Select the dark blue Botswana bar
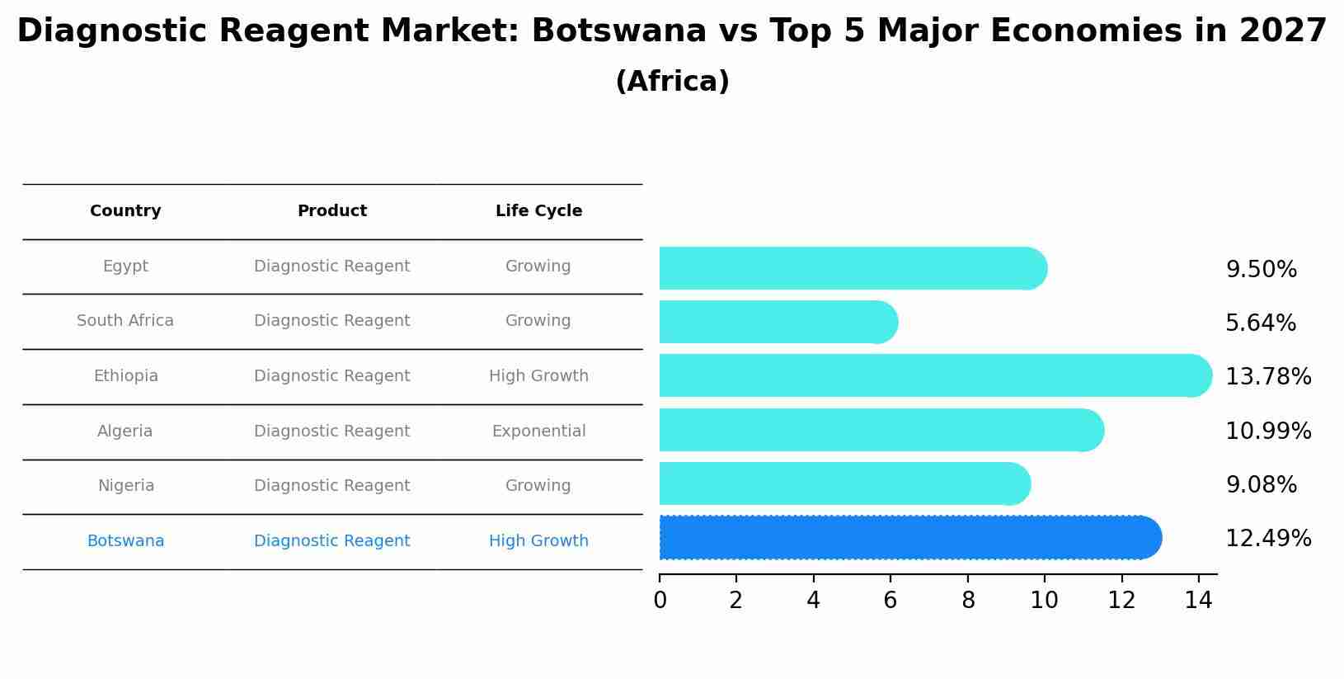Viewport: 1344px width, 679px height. point(907,538)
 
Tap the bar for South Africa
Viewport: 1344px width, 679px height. point(775,322)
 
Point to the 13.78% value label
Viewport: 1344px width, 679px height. point(1267,377)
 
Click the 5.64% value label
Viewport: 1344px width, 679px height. point(1260,323)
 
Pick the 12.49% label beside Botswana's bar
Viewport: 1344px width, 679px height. point(1267,539)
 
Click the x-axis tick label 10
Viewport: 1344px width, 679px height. point(1044,601)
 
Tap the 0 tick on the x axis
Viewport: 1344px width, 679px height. point(660,601)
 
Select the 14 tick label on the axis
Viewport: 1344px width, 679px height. point(1198,601)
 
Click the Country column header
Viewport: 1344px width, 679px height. point(125,211)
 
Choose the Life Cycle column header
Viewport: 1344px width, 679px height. point(538,211)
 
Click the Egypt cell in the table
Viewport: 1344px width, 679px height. point(125,266)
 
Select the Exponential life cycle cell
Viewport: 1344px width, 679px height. point(538,431)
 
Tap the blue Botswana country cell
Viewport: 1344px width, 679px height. point(125,541)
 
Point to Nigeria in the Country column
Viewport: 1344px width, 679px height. point(125,486)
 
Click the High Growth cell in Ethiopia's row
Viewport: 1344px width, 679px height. point(538,376)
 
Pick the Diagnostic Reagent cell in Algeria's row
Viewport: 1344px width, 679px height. point(331,431)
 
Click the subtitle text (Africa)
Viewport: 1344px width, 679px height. point(672,82)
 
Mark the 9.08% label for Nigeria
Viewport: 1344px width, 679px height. point(1261,485)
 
